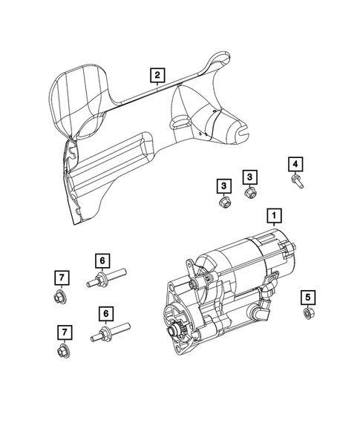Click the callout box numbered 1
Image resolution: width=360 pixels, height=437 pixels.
(x=275, y=216)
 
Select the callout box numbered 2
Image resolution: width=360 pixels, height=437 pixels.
(x=157, y=74)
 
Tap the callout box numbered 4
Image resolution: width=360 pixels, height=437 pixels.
(x=295, y=164)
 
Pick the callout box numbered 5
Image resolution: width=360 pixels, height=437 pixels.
(x=307, y=298)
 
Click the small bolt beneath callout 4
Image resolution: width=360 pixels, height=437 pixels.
(x=296, y=181)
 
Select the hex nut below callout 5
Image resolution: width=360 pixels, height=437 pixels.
(x=307, y=315)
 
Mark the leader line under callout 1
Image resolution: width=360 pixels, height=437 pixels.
(x=275, y=231)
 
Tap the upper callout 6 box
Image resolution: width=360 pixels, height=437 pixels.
(x=102, y=260)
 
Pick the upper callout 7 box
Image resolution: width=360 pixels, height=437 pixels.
(x=63, y=278)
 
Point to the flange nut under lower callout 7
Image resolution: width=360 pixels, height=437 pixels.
(x=61, y=351)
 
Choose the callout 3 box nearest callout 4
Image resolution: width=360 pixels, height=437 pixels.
(x=250, y=177)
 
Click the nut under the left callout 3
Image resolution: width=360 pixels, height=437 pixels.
(x=223, y=202)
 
